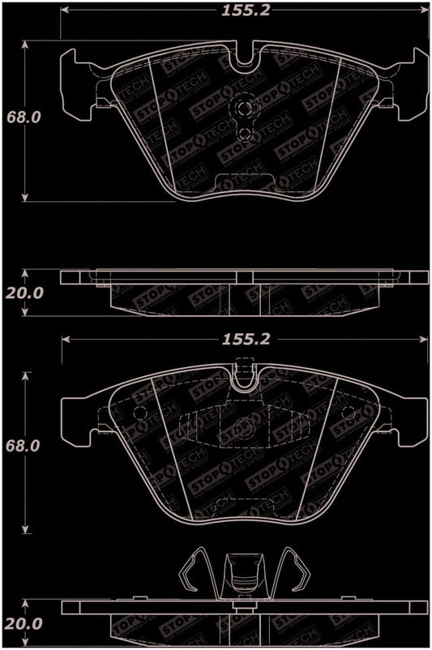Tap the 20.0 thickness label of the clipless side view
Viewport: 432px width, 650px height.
(24, 293)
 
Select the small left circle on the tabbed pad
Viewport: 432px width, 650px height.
(141, 413)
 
